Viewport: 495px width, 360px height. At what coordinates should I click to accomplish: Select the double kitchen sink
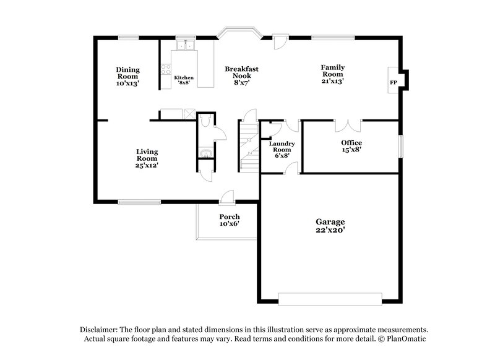click(185, 45)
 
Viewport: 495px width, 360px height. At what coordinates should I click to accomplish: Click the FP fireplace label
click(393, 82)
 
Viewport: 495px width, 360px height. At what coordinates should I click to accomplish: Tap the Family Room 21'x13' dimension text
click(332, 80)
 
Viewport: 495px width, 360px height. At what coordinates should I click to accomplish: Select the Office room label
click(351, 143)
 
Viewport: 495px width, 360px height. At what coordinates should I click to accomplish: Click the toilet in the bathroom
click(207, 118)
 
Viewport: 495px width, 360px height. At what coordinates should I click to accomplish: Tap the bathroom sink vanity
click(205, 152)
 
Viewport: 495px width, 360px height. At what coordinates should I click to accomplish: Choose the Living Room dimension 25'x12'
click(147, 165)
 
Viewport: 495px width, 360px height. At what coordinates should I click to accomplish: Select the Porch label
click(229, 217)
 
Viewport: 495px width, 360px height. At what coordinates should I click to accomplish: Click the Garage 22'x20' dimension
click(329, 229)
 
